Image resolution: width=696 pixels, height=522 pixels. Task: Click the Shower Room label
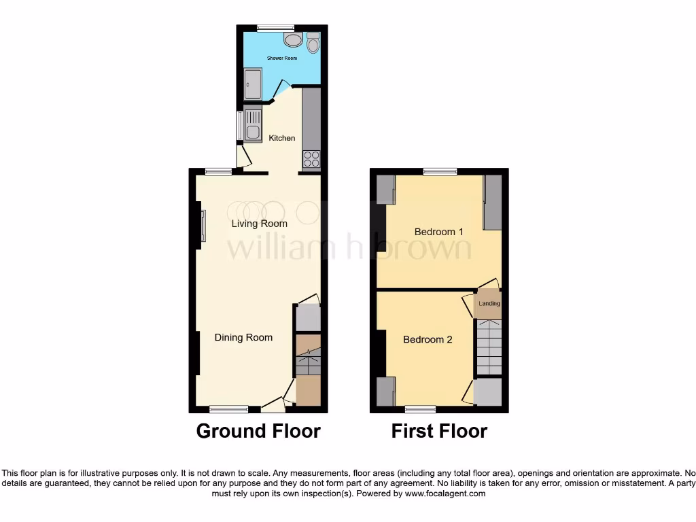[x=281, y=58]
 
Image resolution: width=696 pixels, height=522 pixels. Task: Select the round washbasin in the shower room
[x=294, y=40]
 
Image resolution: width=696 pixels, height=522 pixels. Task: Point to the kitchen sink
[x=252, y=126]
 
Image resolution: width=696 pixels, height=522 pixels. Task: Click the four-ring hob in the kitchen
[x=311, y=159]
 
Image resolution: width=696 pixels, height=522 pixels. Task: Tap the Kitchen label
[x=282, y=138]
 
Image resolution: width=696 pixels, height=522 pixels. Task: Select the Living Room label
[x=259, y=224]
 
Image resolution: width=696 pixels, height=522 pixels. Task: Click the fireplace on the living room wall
[x=203, y=226]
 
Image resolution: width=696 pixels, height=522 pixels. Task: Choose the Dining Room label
[x=243, y=337]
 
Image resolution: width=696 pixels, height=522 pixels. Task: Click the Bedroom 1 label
[x=438, y=232]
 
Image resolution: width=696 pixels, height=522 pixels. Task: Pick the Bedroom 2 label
[x=428, y=339]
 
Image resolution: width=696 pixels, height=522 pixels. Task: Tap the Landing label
[x=489, y=304]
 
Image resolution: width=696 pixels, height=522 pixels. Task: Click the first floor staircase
[x=488, y=346]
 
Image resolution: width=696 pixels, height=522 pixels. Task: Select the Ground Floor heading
[x=258, y=431]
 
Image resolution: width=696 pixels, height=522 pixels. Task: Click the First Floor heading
[x=439, y=431]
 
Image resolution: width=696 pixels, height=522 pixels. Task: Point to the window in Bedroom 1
[x=440, y=172]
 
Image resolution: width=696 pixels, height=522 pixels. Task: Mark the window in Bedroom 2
[x=421, y=409]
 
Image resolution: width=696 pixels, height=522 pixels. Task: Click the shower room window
[x=275, y=28]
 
